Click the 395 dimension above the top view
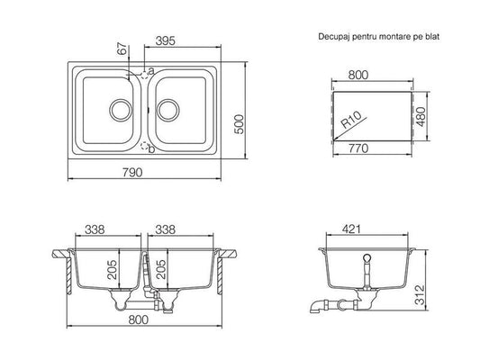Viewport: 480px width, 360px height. click(x=166, y=40)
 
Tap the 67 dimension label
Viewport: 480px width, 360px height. click(x=122, y=49)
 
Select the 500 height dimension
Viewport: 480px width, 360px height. click(x=239, y=124)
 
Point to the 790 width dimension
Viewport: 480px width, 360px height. click(x=132, y=173)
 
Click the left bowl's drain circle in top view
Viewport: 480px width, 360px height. click(x=121, y=110)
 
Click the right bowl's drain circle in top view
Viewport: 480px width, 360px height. click(x=168, y=110)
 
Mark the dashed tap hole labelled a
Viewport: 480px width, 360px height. click(x=144, y=75)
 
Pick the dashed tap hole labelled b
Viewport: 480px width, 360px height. click(x=144, y=146)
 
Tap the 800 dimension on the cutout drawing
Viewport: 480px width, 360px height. click(x=358, y=75)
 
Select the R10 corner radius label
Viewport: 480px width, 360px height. click(x=351, y=120)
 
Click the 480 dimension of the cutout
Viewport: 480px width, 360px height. click(x=421, y=116)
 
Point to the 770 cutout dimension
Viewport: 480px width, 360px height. click(x=358, y=148)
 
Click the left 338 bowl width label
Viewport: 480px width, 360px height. click(x=95, y=229)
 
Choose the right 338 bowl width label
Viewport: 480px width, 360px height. click(x=166, y=229)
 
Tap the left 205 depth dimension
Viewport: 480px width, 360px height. click(x=112, y=269)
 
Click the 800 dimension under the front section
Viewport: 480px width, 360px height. click(x=139, y=319)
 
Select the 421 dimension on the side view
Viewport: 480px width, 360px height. click(x=351, y=229)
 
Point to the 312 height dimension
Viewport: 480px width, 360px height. click(x=420, y=294)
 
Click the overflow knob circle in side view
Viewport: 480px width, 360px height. click(x=367, y=257)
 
